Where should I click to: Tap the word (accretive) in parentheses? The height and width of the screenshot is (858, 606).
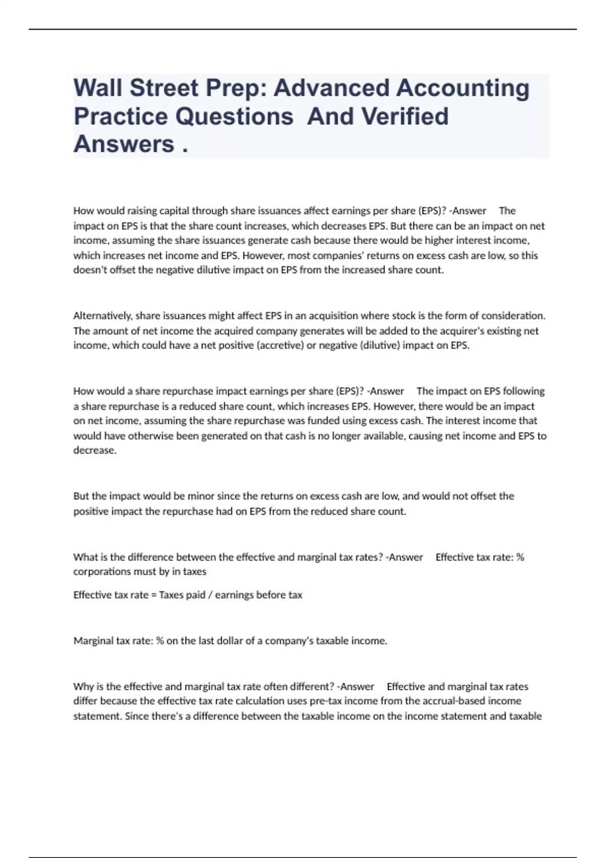280,346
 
